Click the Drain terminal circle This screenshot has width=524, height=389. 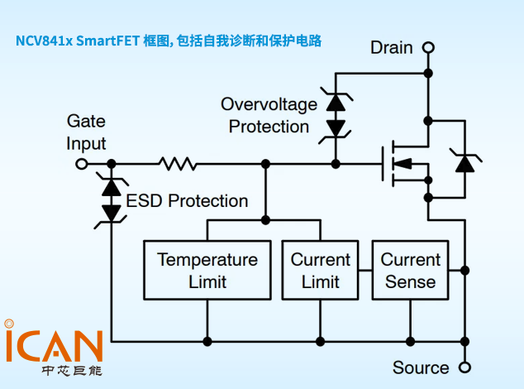tap(428, 48)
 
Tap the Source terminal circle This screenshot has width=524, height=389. tap(464, 367)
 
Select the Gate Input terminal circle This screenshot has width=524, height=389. tap(81, 164)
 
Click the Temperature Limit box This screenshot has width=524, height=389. tap(207, 270)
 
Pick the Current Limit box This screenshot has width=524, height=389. tap(320, 270)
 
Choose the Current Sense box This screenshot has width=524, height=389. tap(410, 270)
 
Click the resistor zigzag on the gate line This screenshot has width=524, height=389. tap(178, 164)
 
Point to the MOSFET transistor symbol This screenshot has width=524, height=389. tap(405, 163)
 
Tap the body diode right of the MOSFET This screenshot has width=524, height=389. tap(465, 163)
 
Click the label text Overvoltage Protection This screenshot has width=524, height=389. tap(269, 116)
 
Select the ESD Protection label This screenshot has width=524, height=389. tap(187, 201)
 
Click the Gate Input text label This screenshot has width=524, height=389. tap(86, 132)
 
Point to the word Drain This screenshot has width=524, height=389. tap(392, 48)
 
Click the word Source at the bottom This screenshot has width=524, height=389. tap(421, 367)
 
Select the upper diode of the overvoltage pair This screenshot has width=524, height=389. tap(336, 103)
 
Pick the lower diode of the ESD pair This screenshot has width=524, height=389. tap(111, 212)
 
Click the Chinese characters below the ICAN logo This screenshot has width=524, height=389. tap(72, 371)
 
